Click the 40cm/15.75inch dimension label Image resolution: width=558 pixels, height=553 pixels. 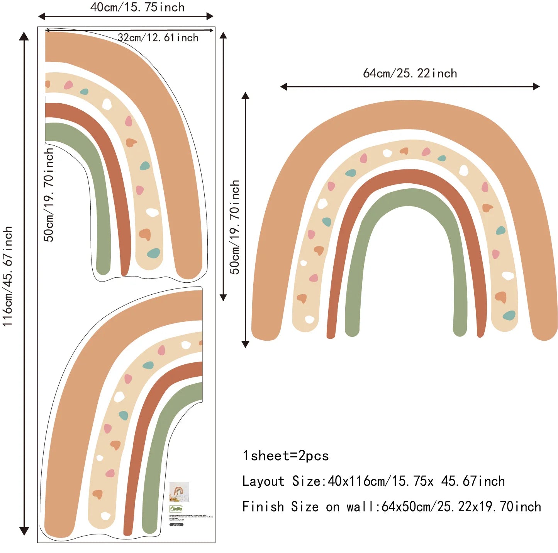[x=137, y=7]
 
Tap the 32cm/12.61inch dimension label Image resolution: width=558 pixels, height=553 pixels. [x=158, y=38]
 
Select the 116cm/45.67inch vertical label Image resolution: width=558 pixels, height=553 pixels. [x=8, y=276]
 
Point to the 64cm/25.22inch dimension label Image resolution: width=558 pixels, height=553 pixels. [x=410, y=73]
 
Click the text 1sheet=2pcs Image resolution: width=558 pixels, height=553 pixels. [x=285, y=456]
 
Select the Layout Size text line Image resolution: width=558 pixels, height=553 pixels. [x=373, y=481]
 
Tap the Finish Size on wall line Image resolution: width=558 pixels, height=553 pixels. [x=391, y=507]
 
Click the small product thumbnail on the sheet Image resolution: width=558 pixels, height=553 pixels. [x=179, y=492]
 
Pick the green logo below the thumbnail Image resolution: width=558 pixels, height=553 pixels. [x=176, y=509]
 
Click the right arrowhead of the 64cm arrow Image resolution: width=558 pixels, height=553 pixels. [x=536, y=87]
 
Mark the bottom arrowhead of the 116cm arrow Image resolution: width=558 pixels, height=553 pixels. [x=24, y=531]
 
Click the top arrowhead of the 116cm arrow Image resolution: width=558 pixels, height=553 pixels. [x=24, y=36]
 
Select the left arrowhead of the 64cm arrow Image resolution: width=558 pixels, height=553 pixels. [x=283, y=87]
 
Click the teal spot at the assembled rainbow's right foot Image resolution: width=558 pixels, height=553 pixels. [x=509, y=315]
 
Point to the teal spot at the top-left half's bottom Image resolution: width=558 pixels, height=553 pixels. [x=153, y=253]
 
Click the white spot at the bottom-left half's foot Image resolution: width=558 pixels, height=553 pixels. [x=105, y=515]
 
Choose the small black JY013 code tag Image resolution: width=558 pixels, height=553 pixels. [x=176, y=525]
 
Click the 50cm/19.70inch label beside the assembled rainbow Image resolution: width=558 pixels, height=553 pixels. [x=234, y=227]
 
